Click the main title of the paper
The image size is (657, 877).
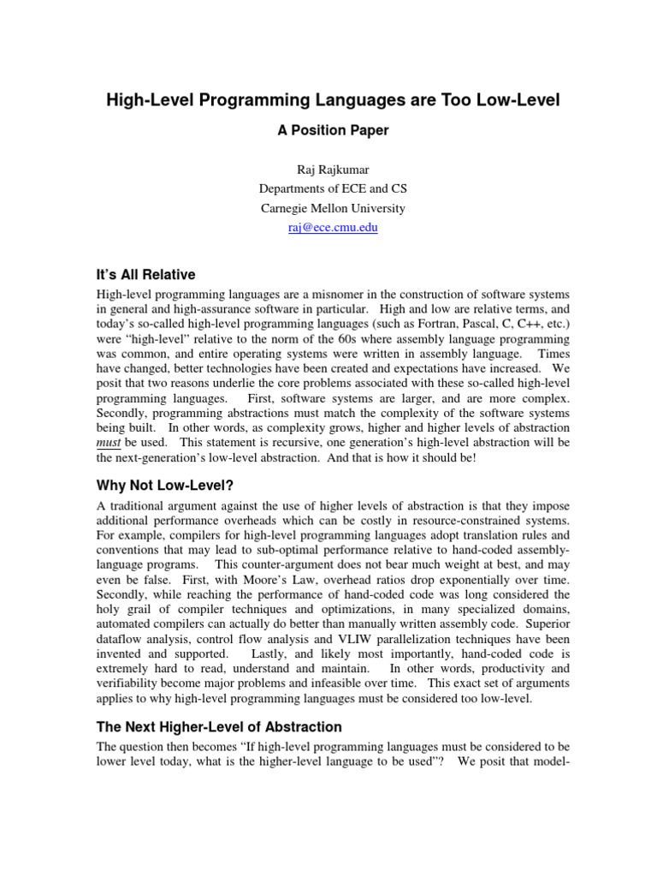coord(332,101)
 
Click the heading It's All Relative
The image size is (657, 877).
coord(145,275)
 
